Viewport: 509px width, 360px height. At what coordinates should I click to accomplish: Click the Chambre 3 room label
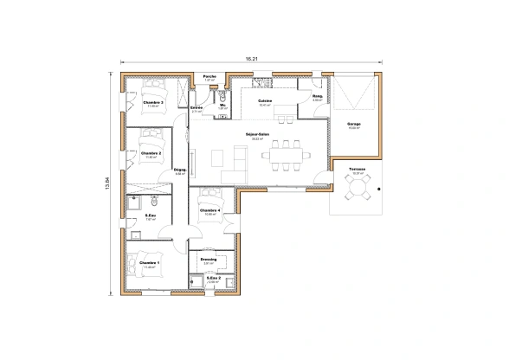pos(153,101)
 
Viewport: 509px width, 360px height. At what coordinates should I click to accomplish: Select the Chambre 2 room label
pos(152,152)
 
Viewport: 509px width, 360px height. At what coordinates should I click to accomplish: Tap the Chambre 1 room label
pos(149,262)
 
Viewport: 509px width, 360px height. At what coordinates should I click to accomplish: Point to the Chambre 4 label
pos(209,209)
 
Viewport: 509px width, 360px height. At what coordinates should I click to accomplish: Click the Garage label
pos(353,124)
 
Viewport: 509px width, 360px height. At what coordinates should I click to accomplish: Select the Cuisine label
pos(265,101)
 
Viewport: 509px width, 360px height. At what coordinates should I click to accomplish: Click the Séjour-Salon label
pos(257,134)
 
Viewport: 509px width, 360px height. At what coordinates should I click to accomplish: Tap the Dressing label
pos(208,258)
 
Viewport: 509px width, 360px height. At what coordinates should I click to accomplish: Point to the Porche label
pos(209,76)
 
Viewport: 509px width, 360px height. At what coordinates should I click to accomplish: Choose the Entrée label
pos(197,107)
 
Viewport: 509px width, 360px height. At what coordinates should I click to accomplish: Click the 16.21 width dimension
pos(250,59)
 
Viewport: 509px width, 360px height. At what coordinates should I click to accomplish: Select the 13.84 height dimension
pos(108,185)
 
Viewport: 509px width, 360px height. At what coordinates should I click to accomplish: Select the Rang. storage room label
pos(317,98)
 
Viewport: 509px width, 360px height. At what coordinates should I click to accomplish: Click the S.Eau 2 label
pos(213,278)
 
